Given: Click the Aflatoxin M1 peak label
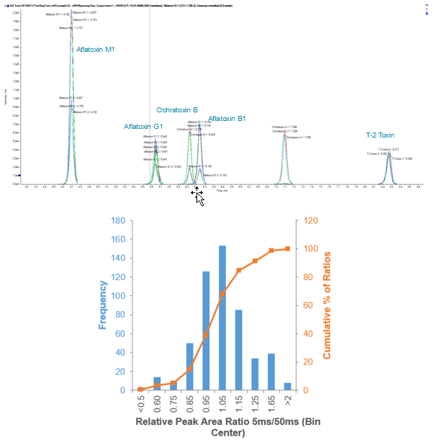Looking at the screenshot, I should (96, 50).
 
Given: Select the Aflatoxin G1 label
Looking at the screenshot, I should (143, 126).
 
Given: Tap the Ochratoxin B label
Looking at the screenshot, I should (177, 110).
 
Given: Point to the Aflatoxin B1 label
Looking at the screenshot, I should (227, 118).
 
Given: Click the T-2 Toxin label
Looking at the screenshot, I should (380, 135).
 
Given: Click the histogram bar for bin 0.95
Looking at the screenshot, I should (206, 331).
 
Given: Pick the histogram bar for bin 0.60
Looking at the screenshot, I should (157, 383).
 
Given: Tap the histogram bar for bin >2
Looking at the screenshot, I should (288, 386).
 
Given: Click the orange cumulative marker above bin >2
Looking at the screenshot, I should (288, 248).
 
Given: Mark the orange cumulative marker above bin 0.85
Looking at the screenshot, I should (190, 369).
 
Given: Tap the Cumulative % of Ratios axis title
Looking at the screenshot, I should (327, 305).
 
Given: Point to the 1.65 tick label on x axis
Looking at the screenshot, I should (272, 404).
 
